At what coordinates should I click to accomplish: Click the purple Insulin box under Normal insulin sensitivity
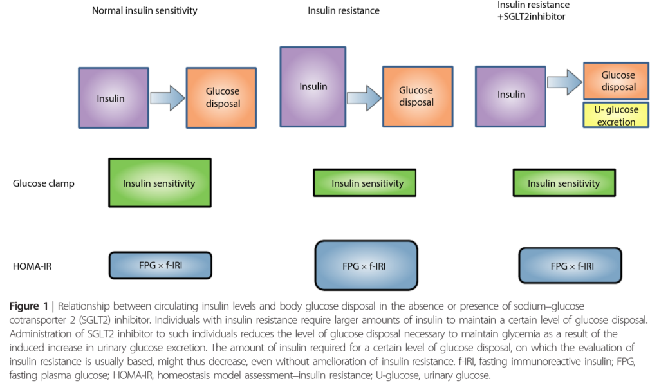[x=111, y=98]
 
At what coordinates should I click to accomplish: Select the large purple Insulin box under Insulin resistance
[x=313, y=86]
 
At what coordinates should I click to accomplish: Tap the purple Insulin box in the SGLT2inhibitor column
[x=512, y=94]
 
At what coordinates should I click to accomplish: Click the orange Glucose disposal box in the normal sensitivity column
[x=223, y=98]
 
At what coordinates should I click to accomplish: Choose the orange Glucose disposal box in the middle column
[x=416, y=97]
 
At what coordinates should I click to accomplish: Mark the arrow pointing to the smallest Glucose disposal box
[x=562, y=81]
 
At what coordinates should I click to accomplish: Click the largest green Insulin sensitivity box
[x=159, y=183]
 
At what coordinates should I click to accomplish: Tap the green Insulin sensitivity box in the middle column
[x=367, y=183]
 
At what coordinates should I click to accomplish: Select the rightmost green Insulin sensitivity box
[x=564, y=183]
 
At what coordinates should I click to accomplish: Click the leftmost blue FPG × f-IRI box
[x=160, y=265]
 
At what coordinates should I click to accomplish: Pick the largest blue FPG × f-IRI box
[x=366, y=265]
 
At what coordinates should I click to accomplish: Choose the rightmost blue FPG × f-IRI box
[x=570, y=265]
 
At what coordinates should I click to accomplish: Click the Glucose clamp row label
[x=44, y=183]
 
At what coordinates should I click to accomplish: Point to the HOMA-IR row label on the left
[x=32, y=265]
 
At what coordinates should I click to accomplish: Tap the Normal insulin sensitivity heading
[x=144, y=10]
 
